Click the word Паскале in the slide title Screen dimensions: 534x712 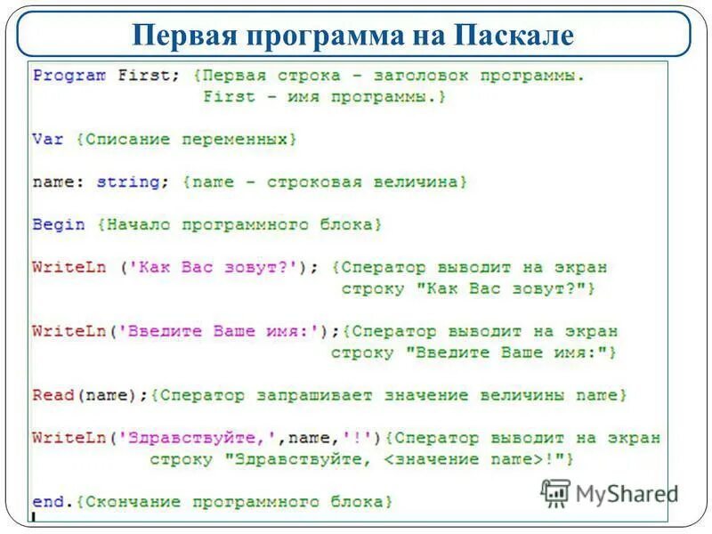tap(514, 36)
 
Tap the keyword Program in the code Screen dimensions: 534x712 tap(69, 76)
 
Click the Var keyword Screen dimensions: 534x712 tap(48, 140)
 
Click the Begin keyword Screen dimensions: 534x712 tap(59, 225)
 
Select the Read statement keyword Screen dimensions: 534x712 tap(53, 394)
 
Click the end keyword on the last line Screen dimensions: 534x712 tap(48, 502)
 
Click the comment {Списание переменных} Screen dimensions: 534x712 tap(186, 140)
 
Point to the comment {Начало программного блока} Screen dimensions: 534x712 tap(239, 225)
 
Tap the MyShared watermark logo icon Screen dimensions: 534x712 tap(556, 492)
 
